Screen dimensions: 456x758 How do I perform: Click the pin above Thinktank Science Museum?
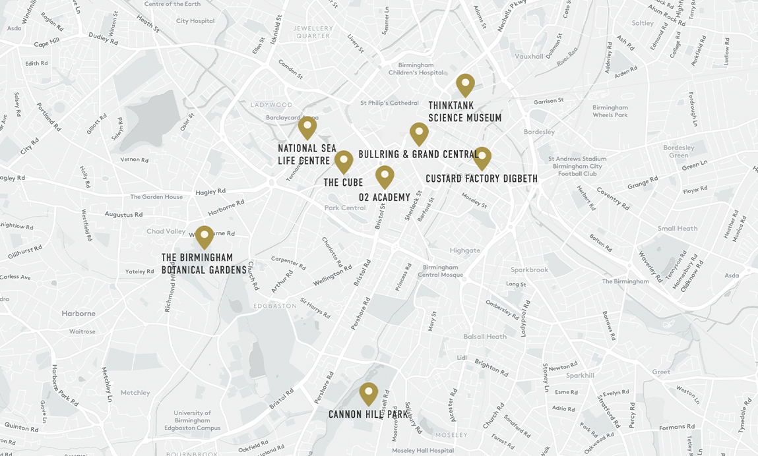tap(465, 84)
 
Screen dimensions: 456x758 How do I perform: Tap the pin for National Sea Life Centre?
tap(307, 127)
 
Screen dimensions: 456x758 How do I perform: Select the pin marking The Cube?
tap(344, 161)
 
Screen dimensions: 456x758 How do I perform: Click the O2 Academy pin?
tap(385, 176)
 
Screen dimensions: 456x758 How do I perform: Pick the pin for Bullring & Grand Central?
tap(419, 133)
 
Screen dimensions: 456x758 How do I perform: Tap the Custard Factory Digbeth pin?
tap(482, 157)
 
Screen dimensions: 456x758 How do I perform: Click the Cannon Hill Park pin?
tap(369, 393)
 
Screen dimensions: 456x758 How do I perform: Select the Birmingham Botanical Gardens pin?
tap(205, 237)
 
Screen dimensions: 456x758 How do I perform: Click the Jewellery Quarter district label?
tap(313, 32)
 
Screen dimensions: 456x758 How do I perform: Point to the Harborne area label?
tap(79, 314)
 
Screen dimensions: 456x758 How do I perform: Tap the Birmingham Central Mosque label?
tap(440, 271)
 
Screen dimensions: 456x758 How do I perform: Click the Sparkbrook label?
tap(529, 270)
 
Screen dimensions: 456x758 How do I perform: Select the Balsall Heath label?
tap(485, 337)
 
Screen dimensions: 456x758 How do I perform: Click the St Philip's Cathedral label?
tap(389, 103)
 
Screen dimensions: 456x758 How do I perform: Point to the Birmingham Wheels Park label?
tap(610, 111)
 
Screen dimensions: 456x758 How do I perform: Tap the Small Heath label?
tap(677, 229)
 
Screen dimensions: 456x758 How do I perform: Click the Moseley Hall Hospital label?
tap(423, 450)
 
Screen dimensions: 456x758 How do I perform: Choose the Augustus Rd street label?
tap(123, 215)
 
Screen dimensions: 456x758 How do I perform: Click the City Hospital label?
tap(195, 21)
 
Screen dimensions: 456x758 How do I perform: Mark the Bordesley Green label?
tap(679, 151)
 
